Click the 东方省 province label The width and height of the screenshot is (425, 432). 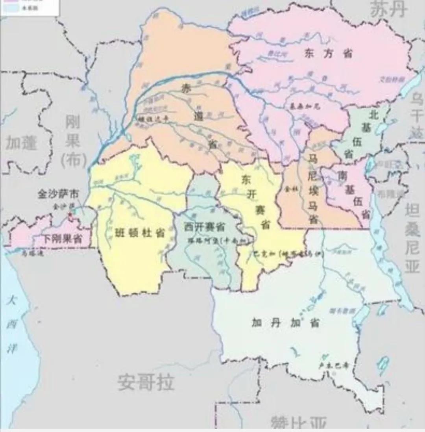(x=329, y=54)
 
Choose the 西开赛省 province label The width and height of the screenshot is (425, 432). (x=204, y=227)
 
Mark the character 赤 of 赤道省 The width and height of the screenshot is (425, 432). (x=185, y=89)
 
